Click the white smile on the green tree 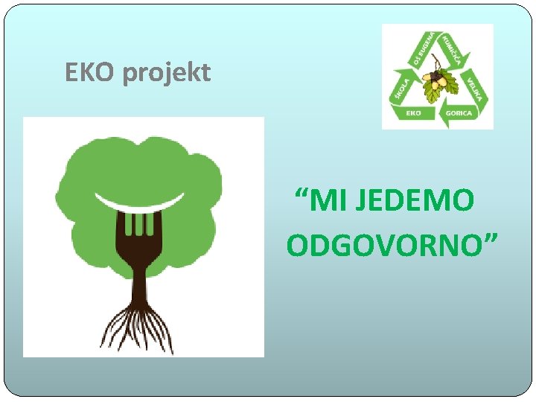click(139, 202)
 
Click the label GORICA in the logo click(459, 114)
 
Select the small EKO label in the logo click(414, 113)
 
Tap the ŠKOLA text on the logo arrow click(398, 89)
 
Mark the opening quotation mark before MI click(301, 195)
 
